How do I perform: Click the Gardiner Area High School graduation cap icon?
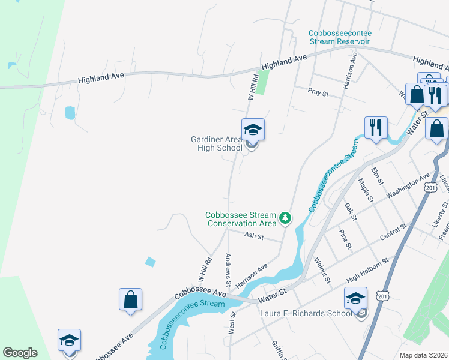coord(253,129)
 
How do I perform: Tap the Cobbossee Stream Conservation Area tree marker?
coord(286,218)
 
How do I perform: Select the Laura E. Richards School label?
coord(306,313)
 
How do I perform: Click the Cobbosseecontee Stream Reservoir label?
coord(339,37)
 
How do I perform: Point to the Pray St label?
coord(318,93)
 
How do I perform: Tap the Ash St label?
coord(254,236)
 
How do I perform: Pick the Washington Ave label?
coord(408,186)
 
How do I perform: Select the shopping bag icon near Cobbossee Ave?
coord(130,298)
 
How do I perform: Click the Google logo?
coord(20,353)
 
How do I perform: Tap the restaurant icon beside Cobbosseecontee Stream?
coord(376,127)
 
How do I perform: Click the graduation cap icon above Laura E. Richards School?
coord(355,298)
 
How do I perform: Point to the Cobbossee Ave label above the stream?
coord(200,292)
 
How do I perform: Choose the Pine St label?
coord(344,238)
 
